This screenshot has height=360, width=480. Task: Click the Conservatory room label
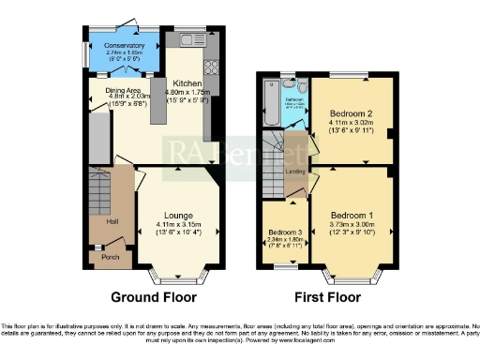coord(125,45)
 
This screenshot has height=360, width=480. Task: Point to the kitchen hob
coord(210,67)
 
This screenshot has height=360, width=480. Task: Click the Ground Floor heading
coord(154,297)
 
